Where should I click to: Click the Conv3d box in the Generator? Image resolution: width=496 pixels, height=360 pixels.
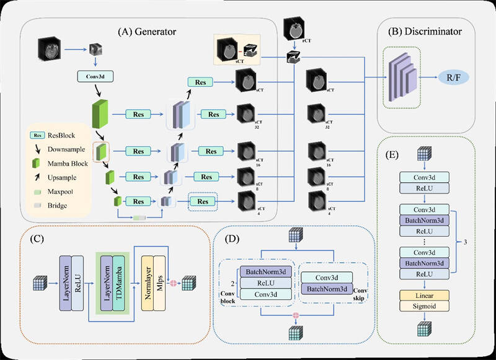tap(95, 77)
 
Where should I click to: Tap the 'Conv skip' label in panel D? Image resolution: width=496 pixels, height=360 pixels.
tap(361, 292)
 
